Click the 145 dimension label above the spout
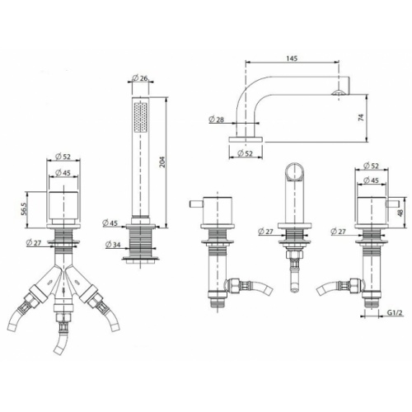point(292,59)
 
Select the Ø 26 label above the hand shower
point(140,78)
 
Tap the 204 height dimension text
point(162,162)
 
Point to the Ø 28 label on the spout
point(217,119)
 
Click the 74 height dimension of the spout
point(362,118)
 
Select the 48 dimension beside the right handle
point(400,213)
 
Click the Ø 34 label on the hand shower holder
point(113,244)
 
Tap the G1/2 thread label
point(396,312)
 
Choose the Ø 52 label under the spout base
point(245,153)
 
